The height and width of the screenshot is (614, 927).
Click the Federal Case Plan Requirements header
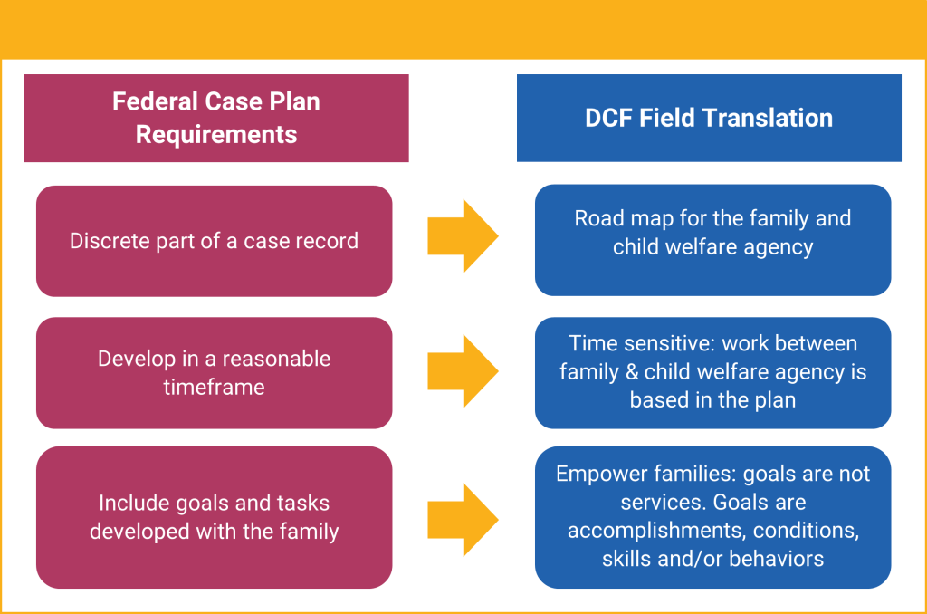pos(216,118)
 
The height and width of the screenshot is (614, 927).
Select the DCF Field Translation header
pos(709,118)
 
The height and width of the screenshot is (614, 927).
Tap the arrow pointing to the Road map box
pos(463,236)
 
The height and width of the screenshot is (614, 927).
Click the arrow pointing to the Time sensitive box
pos(463,370)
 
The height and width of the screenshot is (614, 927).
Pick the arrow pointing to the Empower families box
pos(463,520)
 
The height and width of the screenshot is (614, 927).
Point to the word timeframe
pos(215,387)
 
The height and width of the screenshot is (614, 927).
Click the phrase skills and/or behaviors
pos(712,558)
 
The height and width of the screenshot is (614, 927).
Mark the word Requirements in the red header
pos(216,135)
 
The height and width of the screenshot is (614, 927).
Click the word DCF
pos(613,118)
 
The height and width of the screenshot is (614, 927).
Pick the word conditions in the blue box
pos(805,530)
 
